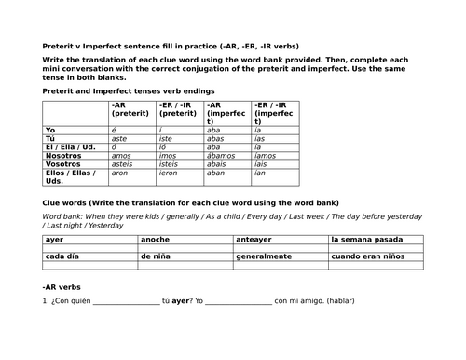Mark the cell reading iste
coord(168,139)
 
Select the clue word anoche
coord(156,240)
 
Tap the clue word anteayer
coord(254,240)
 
